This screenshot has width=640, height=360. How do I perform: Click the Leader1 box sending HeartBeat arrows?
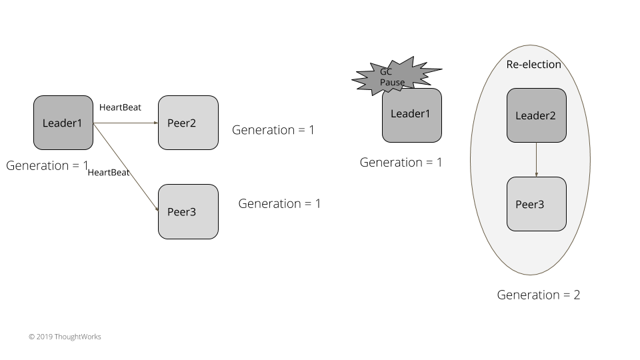coord(63,123)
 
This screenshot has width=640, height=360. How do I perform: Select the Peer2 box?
coord(188,123)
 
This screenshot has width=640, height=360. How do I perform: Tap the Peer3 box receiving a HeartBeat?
coord(188,211)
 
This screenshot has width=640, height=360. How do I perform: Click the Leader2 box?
coord(536,115)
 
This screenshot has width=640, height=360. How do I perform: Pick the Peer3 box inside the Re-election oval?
coord(536,204)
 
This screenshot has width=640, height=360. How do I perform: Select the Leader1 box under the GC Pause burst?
coord(411,115)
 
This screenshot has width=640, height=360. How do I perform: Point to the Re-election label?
coord(533,65)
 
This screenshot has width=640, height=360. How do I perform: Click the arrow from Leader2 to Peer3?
coord(537,159)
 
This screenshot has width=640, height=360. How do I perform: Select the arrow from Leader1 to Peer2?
coord(125,123)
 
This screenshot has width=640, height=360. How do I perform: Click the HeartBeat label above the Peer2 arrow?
coord(120,107)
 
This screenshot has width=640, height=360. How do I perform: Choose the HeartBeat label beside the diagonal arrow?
coord(109,173)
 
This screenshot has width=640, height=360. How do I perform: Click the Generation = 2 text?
coord(539,295)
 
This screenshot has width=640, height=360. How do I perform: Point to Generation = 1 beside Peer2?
coord(273,130)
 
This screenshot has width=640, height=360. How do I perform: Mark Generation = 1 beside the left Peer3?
coord(279,203)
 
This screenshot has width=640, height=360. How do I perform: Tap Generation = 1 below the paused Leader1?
coord(401,162)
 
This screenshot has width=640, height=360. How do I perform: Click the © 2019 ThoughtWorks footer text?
coord(65,337)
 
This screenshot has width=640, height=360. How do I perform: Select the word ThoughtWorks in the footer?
coord(79,337)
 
